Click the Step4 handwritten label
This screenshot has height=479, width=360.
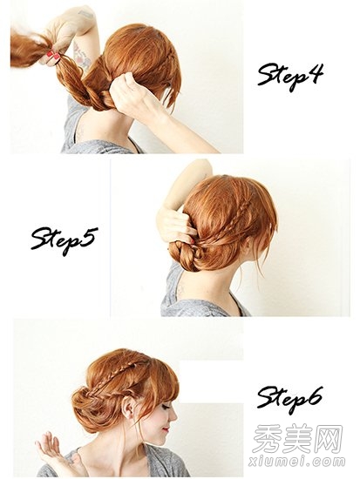click(x=290, y=76)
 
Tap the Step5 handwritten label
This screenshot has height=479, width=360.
click(x=65, y=240)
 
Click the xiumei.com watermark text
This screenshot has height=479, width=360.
click(x=296, y=461)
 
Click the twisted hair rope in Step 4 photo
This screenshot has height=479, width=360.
click(x=83, y=85)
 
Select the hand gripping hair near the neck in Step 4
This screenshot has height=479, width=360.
click(x=134, y=96)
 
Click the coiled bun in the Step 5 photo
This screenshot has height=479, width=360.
click(x=187, y=255)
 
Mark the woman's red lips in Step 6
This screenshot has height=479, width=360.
click(x=166, y=429)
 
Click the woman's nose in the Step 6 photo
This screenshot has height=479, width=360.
click(x=173, y=416)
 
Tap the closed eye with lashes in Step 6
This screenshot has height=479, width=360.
click(x=166, y=407)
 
